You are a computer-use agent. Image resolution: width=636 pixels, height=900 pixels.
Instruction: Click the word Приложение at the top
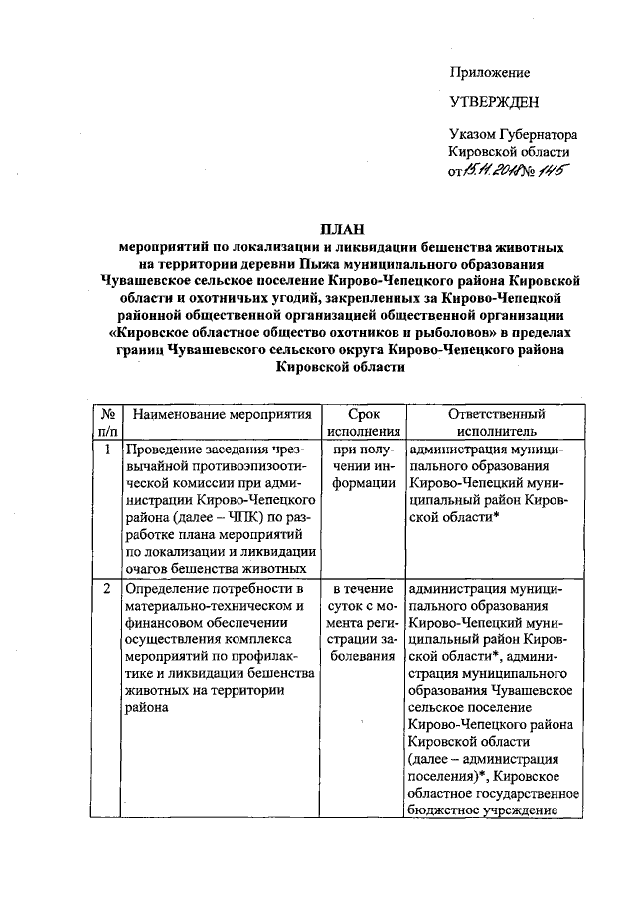click(x=490, y=72)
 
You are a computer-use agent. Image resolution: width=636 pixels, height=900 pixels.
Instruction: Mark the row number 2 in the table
click(x=107, y=589)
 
